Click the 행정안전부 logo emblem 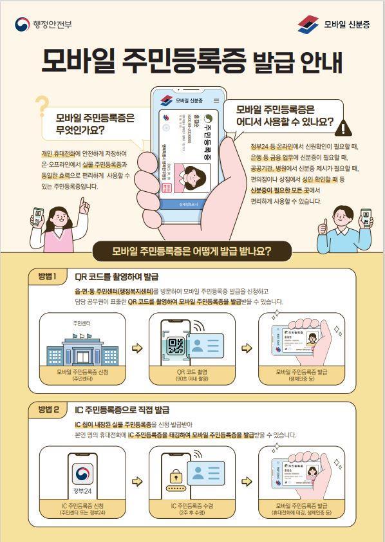pyautogui.click(x=23, y=24)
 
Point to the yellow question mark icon pyautogui.click(x=42, y=107)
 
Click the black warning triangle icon pyautogui.click(x=346, y=127)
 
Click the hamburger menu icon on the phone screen pyautogui.click(x=216, y=100)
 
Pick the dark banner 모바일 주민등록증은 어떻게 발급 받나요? pyautogui.click(x=192, y=251)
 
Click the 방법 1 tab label pyautogui.click(x=48, y=277)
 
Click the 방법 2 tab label pyautogui.click(x=48, y=409)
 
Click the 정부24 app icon pyautogui.click(x=82, y=479)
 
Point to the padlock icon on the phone pyautogui.click(x=175, y=477)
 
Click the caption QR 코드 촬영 pyautogui.click(x=192, y=372)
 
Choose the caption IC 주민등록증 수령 pyautogui.click(x=192, y=506)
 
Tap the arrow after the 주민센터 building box pyautogui.click(x=136, y=348)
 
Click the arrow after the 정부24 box pyautogui.click(x=136, y=481)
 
